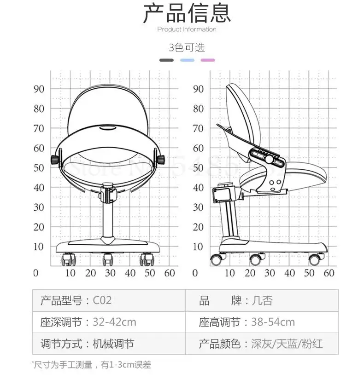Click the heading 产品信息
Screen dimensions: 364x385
tap(187, 13)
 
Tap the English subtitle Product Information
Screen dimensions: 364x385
tap(187, 29)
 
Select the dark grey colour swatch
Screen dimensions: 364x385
tap(166, 60)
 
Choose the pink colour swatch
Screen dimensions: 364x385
tap(207, 60)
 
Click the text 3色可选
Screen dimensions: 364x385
tap(187, 47)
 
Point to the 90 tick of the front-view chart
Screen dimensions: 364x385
tap(39, 89)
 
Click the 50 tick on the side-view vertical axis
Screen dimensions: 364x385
tap(198, 168)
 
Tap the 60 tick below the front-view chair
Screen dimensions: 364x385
tap(170, 273)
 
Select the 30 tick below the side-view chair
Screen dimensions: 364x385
tap(270, 273)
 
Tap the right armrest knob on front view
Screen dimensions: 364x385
tap(161, 160)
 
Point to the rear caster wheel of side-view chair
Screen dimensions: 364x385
tap(216, 259)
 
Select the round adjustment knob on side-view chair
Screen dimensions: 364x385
tap(268, 159)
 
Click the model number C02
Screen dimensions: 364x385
tap(102, 301)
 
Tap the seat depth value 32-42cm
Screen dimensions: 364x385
tap(114, 322)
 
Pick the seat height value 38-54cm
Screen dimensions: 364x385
tap(273, 322)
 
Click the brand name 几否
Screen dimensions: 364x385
tap(263, 301)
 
